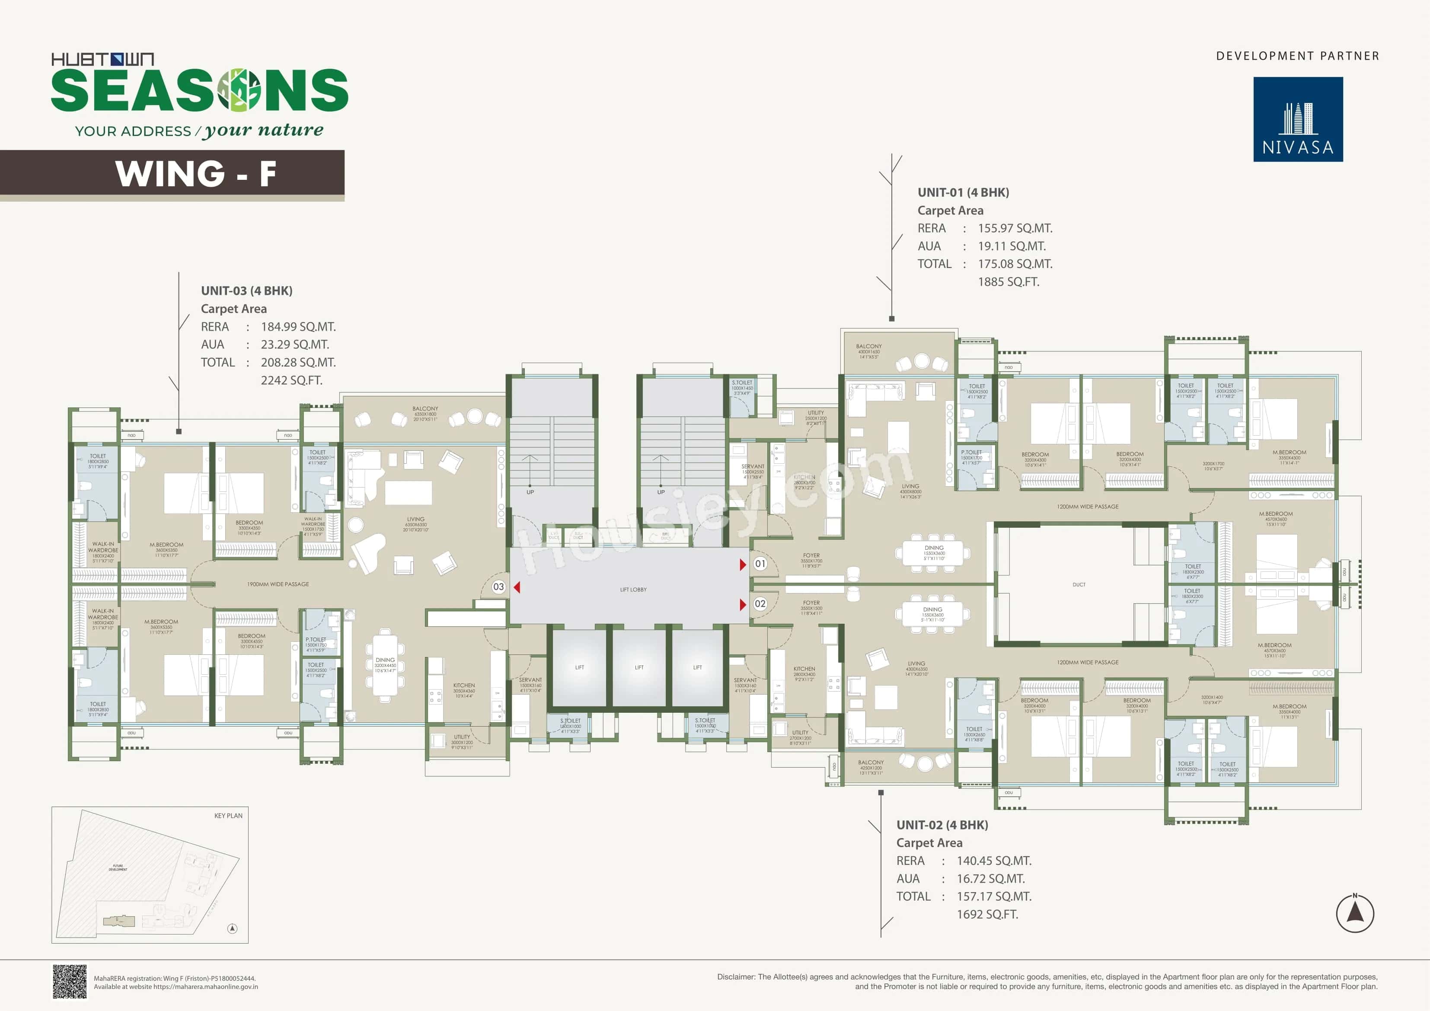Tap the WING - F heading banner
click(x=195, y=173)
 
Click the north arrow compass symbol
click(x=1355, y=913)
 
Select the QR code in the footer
click(x=69, y=982)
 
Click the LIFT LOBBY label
click(x=633, y=589)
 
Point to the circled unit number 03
click(x=498, y=587)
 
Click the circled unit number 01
click(x=760, y=564)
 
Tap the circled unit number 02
click(x=760, y=603)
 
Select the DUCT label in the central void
click(x=1079, y=585)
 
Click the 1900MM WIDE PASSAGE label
click(x=278, y=584)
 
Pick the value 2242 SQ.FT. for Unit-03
click(x=291, y=380)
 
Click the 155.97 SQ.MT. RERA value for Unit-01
click(x=1015, y=228)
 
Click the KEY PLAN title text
click(x=228, y=815)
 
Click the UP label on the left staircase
click(x=530, y=492)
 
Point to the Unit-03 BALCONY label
click(x=425, y=408)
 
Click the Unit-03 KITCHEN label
click(x=463, y=685)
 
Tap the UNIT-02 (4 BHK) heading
click(x=942, y=825)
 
